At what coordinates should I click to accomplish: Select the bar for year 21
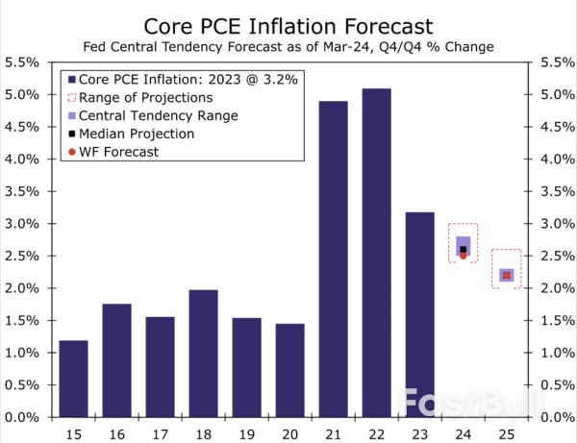click(x=333, y=258)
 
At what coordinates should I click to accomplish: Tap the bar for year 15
click(x=73, y=379)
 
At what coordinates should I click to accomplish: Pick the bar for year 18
click(x=203, y=353)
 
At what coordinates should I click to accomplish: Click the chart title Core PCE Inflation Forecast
click(x=288, y=24)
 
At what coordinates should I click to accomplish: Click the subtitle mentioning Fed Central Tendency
click(x=288, y=46)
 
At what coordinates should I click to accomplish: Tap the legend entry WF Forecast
click(x=120, y=152)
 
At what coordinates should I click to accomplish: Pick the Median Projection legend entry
click(x=138, y=134)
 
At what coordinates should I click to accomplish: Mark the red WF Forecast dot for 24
click(x=463, y=256)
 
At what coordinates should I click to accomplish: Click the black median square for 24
click(x=463, y=249)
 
